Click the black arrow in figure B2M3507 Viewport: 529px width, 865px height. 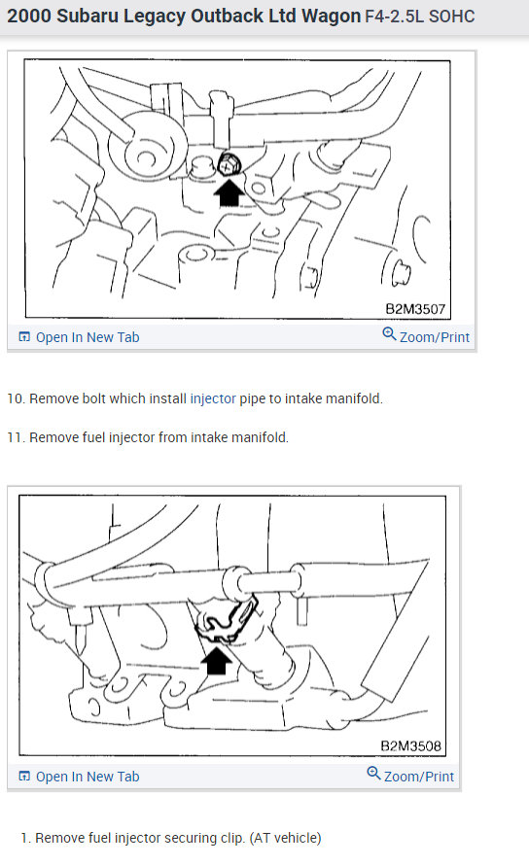(229, 192)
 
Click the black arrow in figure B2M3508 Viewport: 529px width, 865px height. (219, 661)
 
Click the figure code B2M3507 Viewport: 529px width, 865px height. (414, 310)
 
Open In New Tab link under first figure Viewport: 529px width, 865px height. (87, 337)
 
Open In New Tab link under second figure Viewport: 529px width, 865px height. (87, 777)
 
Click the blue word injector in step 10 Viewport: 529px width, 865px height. (213, 398)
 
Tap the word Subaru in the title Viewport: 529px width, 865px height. (87, 17)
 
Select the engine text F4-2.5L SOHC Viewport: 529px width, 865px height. (419, 17)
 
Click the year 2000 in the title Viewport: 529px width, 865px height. (29, 17)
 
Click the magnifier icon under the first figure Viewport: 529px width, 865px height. (389, 335)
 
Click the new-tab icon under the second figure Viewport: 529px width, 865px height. (24, 777)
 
